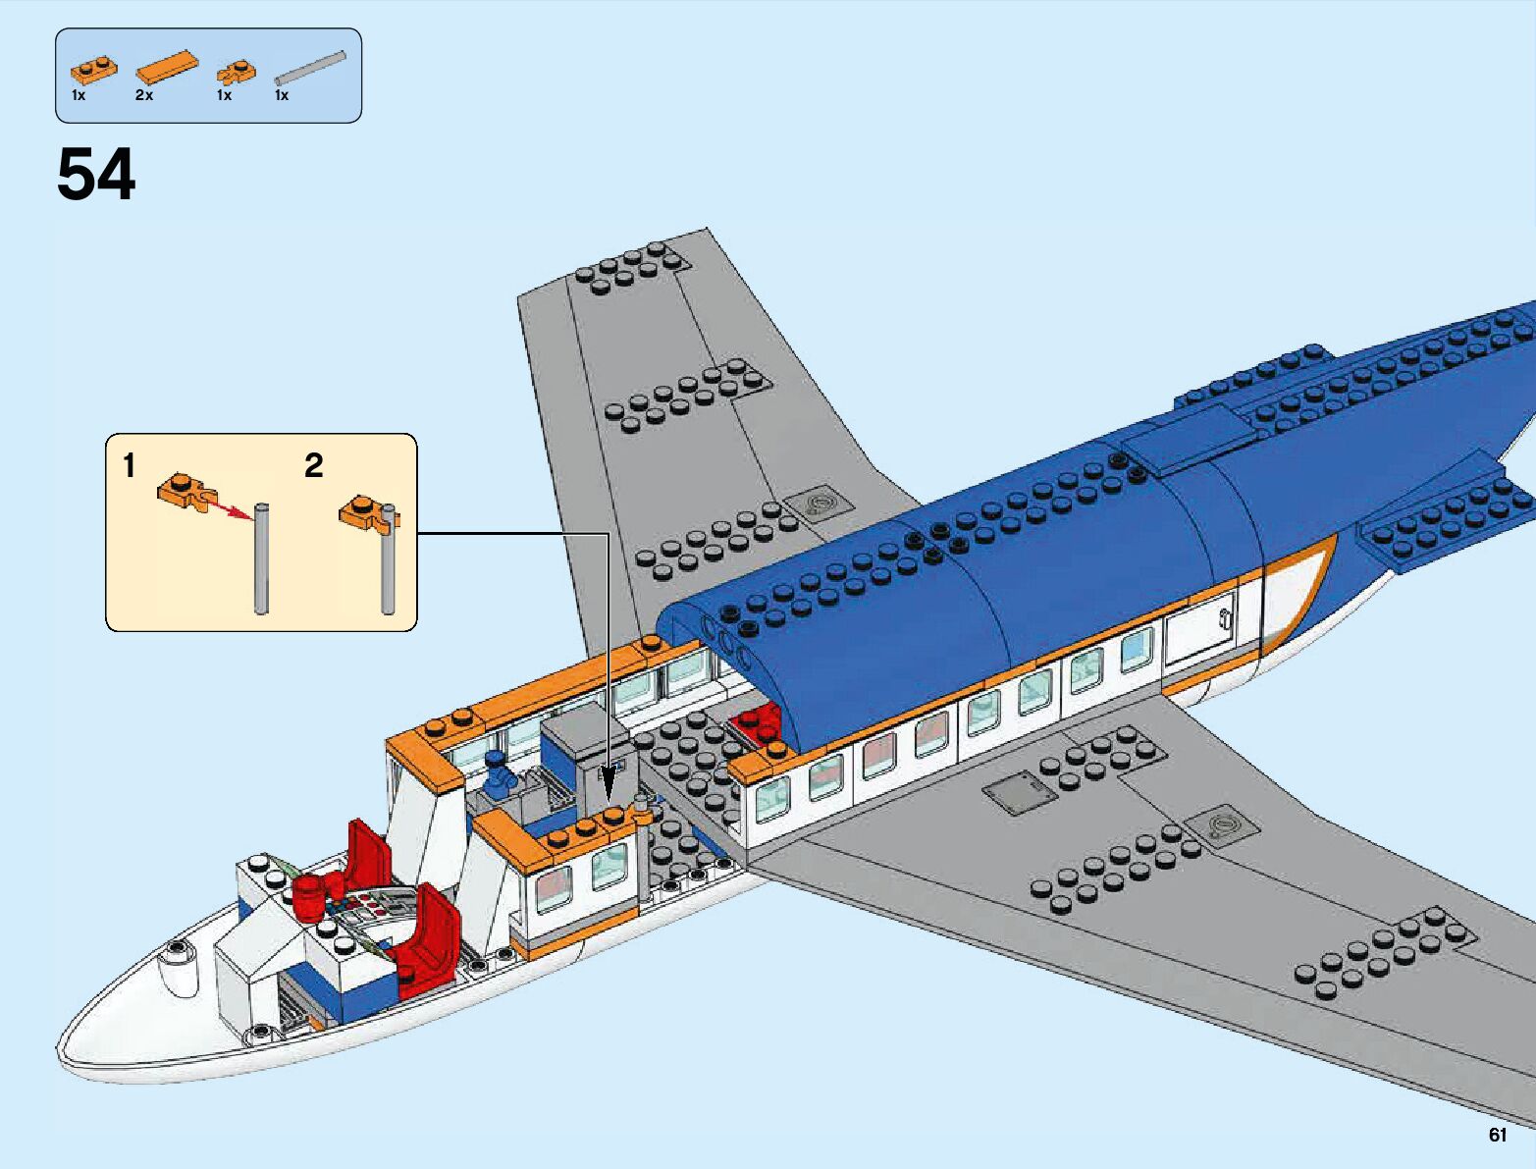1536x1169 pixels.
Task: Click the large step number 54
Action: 96,177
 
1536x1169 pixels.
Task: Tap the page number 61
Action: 1497,1135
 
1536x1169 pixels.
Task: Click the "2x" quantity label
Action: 144,95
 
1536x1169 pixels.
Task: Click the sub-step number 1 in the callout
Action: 129,465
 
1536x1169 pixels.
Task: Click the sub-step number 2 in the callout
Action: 313,465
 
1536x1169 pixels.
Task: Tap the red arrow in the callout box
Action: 229,508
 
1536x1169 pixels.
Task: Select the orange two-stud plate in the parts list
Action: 93,70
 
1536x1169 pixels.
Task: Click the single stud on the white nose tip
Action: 178,948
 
